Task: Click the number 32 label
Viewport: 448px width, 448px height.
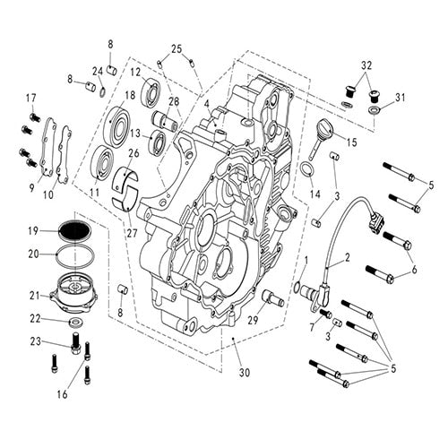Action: coord(366,66)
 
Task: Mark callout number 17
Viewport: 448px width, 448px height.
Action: coord(30,98)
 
